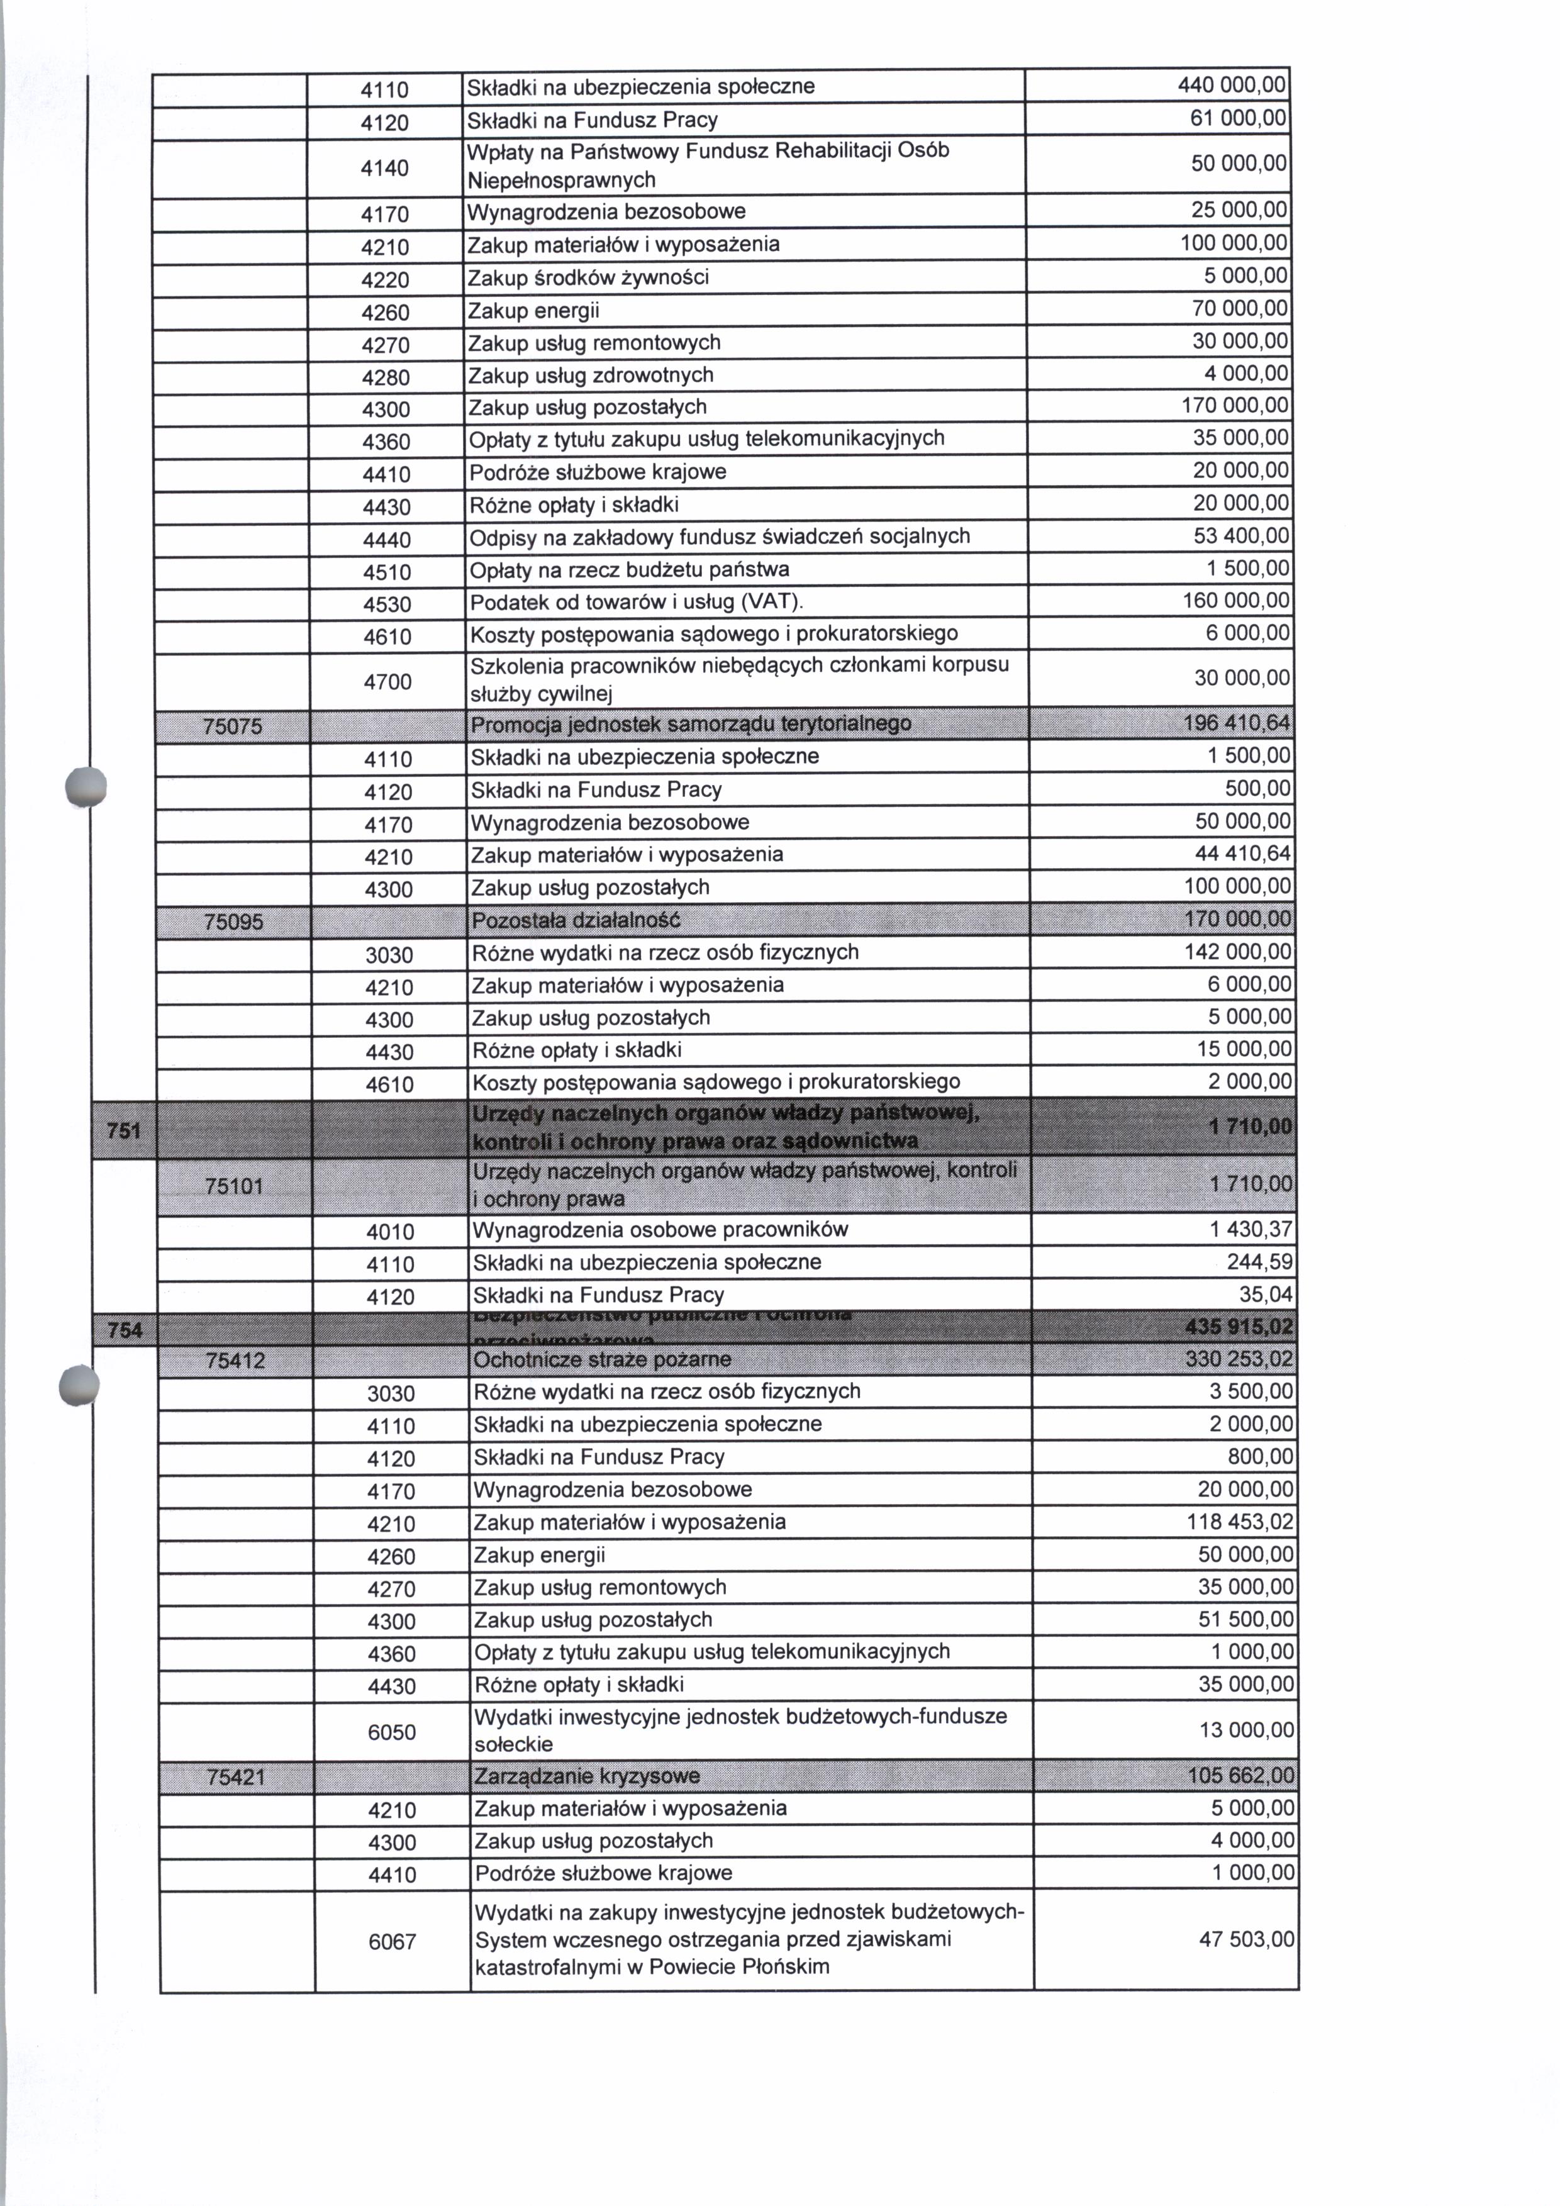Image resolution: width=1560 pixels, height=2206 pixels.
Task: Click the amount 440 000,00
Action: click(x=1232, y=86)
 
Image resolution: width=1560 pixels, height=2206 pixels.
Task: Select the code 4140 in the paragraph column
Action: click(x=385, y=168)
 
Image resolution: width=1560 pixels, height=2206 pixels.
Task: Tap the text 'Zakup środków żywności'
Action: click(x=588, y=277)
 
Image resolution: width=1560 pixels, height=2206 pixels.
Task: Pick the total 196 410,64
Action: click(x=1237, y=723)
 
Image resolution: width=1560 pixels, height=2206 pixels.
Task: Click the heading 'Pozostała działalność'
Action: click(x=576, y=920)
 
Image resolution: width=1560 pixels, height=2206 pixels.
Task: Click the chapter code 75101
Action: click(x=235, y=1186)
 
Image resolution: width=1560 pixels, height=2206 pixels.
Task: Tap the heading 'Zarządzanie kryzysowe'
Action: click(x=587, y=1776)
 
